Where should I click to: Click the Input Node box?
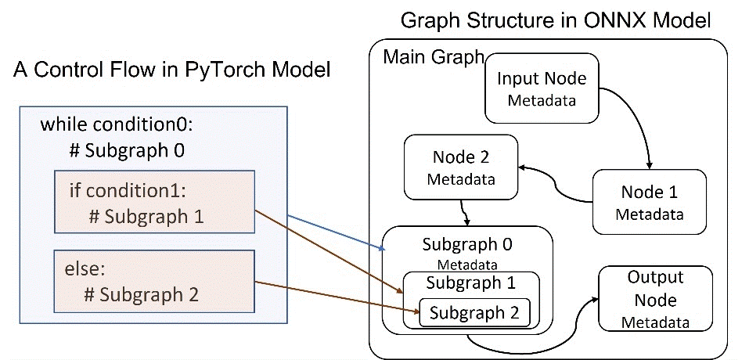(542, 88)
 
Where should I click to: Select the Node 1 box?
(650, 202)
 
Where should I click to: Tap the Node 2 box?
(461, 167)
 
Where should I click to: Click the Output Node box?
(655, 299)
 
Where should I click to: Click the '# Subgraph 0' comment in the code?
(125, 149)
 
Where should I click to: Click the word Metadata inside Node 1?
(649, 214)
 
